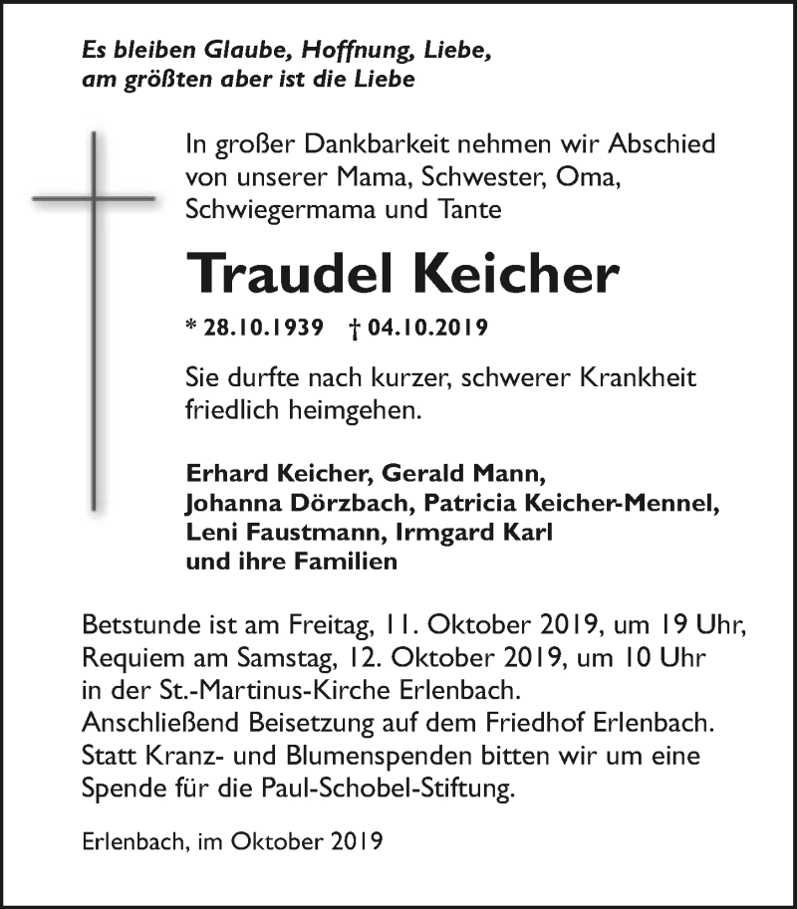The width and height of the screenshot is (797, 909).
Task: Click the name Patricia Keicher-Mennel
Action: pyautogui.click(x=554, y=504)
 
